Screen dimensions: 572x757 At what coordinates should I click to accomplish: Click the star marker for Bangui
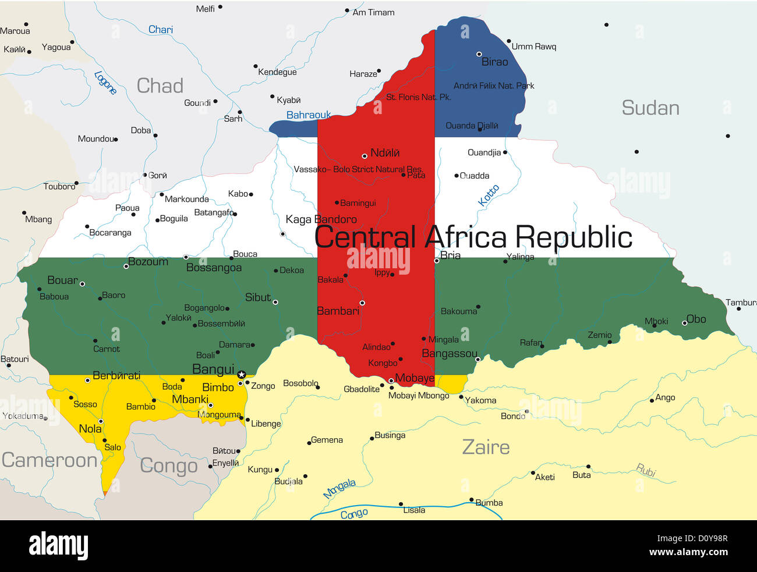241,375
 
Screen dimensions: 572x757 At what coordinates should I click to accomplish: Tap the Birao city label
494,62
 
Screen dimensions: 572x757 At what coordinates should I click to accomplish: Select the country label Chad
160,86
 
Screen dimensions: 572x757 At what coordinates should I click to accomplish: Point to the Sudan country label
650,108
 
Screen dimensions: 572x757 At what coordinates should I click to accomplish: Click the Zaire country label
486,447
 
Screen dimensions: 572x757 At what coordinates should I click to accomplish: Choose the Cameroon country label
49,460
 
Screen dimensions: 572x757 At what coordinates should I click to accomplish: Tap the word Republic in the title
574,237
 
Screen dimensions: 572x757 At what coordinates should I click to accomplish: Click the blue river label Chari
160,30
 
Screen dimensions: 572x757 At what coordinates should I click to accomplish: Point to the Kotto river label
489,196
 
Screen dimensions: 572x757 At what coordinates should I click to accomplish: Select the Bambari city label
338,311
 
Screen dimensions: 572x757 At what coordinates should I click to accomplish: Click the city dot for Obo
685,322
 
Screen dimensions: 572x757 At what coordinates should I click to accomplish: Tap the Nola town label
90,429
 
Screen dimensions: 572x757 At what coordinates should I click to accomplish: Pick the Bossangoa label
214,268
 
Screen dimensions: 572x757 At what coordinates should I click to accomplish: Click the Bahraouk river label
308,115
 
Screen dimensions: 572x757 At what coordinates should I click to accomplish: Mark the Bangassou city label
450,353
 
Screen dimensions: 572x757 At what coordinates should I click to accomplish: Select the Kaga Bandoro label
321,219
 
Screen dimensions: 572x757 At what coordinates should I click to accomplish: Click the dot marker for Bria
437,261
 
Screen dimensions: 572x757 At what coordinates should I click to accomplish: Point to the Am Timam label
373,12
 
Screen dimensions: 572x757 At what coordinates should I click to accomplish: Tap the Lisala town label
414,510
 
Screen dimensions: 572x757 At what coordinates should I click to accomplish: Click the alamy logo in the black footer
59,546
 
